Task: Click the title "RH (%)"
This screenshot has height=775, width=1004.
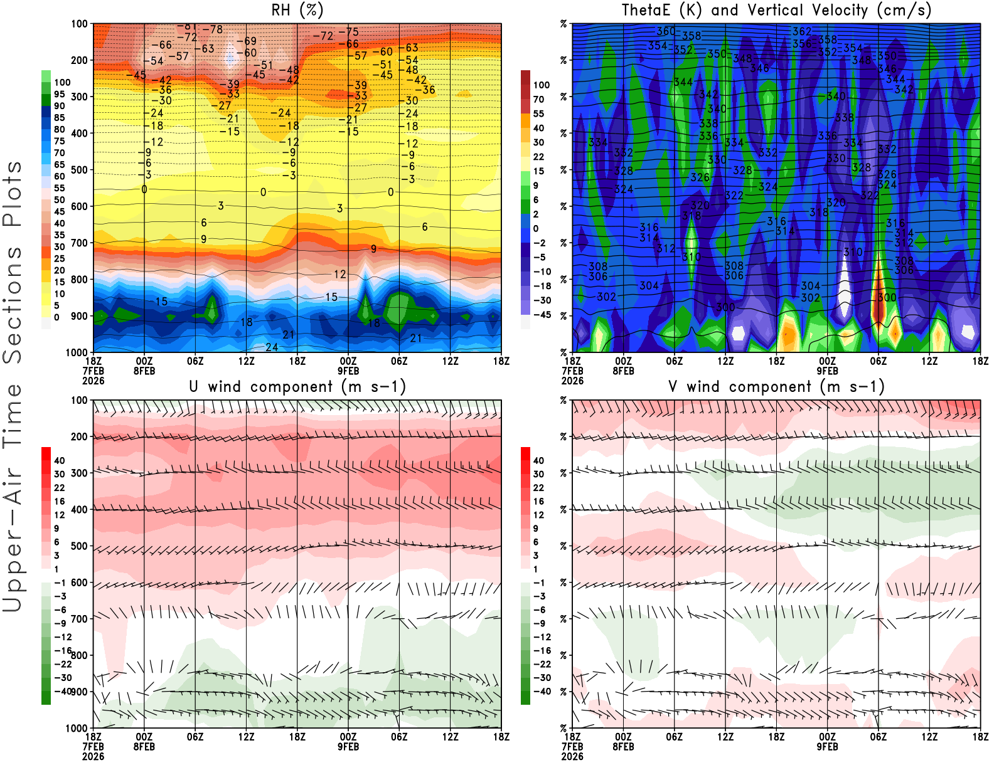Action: (297, 10)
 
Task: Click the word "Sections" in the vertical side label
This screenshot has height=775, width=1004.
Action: (13, 305)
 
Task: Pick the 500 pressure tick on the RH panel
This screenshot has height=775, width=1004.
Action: (80, 170)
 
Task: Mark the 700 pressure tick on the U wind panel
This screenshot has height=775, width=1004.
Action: (80, 619)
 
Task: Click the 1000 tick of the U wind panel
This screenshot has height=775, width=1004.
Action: (77, 728)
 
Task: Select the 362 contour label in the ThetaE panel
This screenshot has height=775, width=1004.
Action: (802, 31)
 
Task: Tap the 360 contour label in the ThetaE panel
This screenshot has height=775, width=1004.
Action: (666, 31)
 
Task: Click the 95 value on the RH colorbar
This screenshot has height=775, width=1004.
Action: (59, 94)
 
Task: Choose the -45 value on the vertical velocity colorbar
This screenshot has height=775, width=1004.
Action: (542, 315)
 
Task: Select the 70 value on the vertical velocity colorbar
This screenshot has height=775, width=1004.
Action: (538, 99)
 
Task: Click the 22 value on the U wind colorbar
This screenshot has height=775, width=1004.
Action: (60, 488)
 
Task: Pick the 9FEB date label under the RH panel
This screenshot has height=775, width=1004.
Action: (348, 371)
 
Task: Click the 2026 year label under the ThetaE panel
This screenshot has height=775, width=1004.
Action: (572, 381)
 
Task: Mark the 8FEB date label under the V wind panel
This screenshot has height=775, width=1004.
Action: (623, 747)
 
